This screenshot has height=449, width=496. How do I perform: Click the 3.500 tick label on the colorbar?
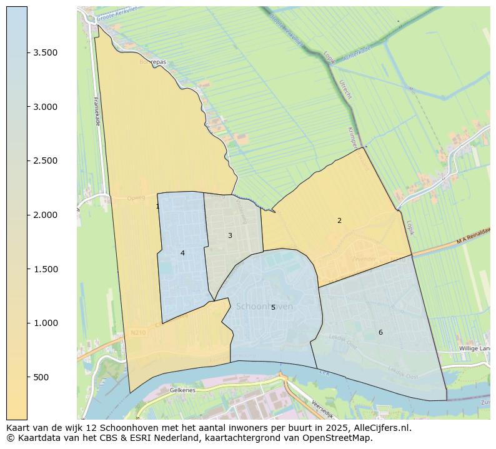point(46,52)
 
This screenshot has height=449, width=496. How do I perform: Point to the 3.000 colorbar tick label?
point(46,107)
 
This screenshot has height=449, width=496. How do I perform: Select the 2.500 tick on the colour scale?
point(46,160)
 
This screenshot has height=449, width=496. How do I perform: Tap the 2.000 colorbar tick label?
point(46,215)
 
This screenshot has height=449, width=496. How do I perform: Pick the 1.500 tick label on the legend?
point(46,269)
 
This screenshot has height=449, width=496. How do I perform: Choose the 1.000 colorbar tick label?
point(46,323)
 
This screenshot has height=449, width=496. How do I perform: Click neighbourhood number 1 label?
point(157,206)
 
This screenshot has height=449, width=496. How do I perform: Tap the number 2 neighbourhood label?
point(339,220)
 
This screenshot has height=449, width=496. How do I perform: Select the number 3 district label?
point(230,235)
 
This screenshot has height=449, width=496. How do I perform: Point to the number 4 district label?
point(182,253)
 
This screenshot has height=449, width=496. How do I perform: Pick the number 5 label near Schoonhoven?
point(273,307)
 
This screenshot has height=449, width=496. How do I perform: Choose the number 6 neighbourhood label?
point(380,332)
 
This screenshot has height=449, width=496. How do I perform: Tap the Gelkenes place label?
point(182,390)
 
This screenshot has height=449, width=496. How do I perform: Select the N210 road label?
point(138,333)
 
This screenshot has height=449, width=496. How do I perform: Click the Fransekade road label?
point(97,112)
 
